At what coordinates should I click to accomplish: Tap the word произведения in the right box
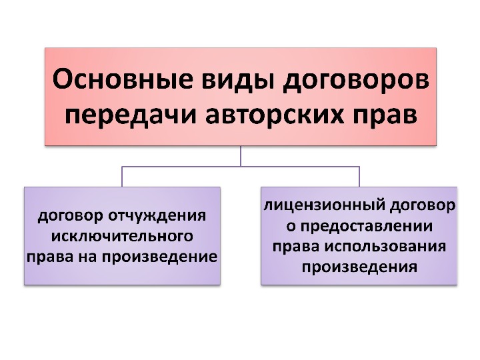pyautogui.click(x=359, y=267)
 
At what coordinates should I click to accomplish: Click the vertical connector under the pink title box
pyautogui.click(x=241, y=155)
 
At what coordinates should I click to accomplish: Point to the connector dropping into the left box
pyautogui.click(x=121, y=177)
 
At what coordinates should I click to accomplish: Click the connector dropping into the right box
pyautogui.click(x=359, y=177)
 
